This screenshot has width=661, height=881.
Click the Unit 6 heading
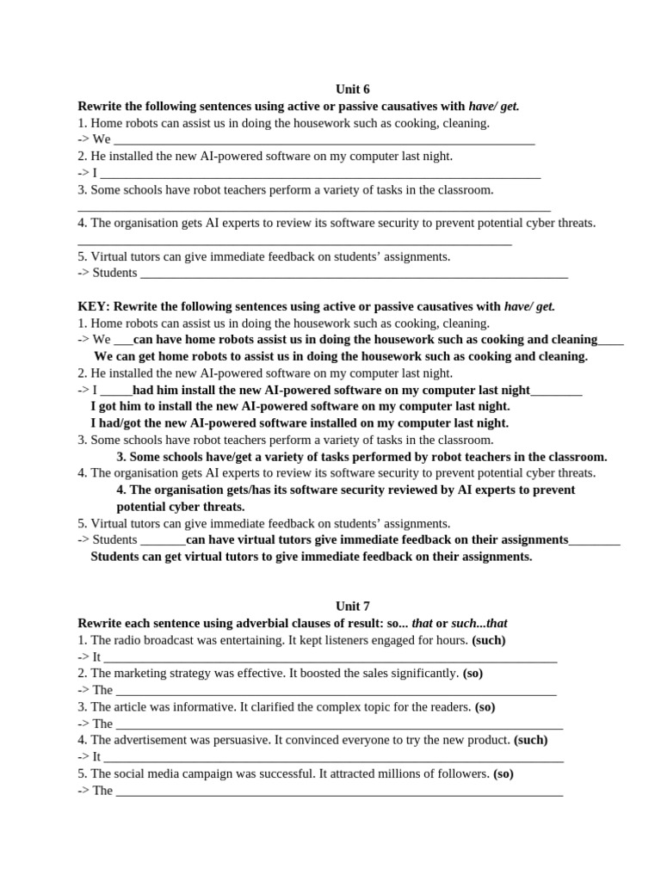353,89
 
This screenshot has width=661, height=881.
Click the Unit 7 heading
353,606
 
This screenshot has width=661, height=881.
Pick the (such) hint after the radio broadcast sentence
489,640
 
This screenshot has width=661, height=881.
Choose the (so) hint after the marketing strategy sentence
478,673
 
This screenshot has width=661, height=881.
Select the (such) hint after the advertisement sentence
530,740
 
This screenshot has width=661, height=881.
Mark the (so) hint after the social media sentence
503,773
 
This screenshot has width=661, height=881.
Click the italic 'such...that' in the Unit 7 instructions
485,623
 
